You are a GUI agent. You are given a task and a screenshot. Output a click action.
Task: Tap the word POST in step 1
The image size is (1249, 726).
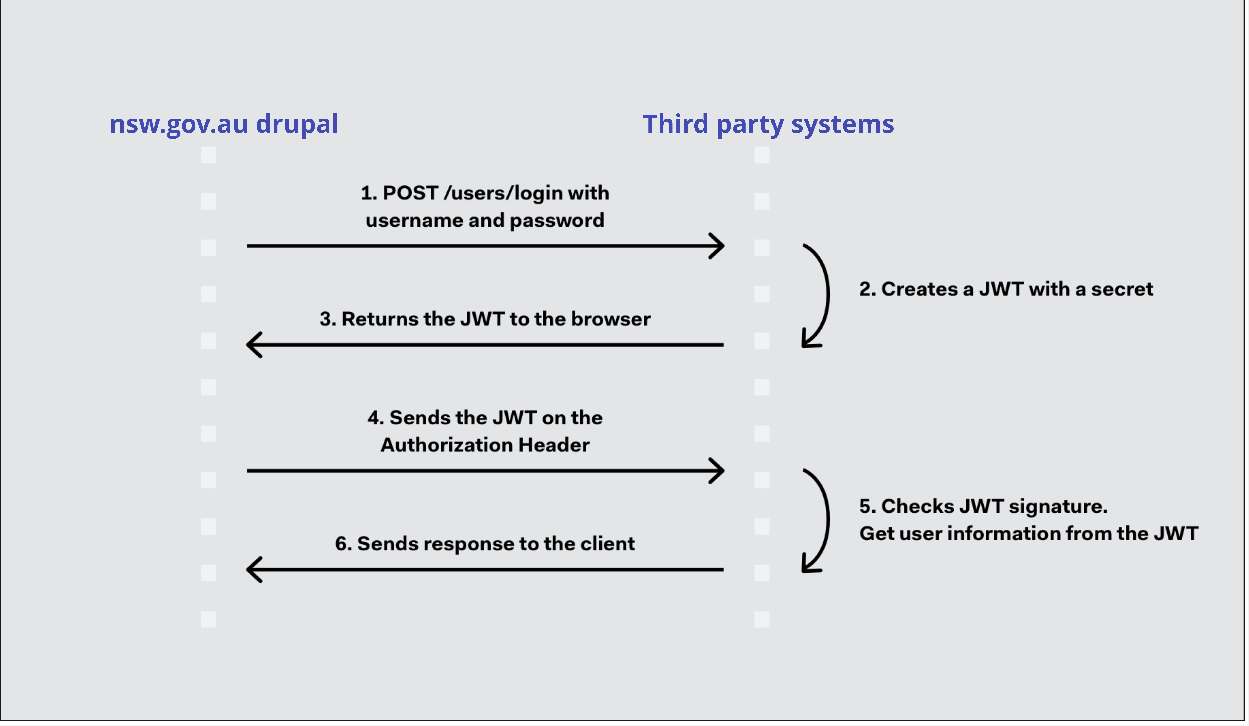(410, 193)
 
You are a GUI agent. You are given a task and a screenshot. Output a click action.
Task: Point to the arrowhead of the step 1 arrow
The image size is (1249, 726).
(723, 246)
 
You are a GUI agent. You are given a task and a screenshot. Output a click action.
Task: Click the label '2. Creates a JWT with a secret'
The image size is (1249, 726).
(1006, 289)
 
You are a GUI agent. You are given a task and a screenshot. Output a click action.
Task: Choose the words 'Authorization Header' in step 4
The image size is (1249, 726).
(485, 445)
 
